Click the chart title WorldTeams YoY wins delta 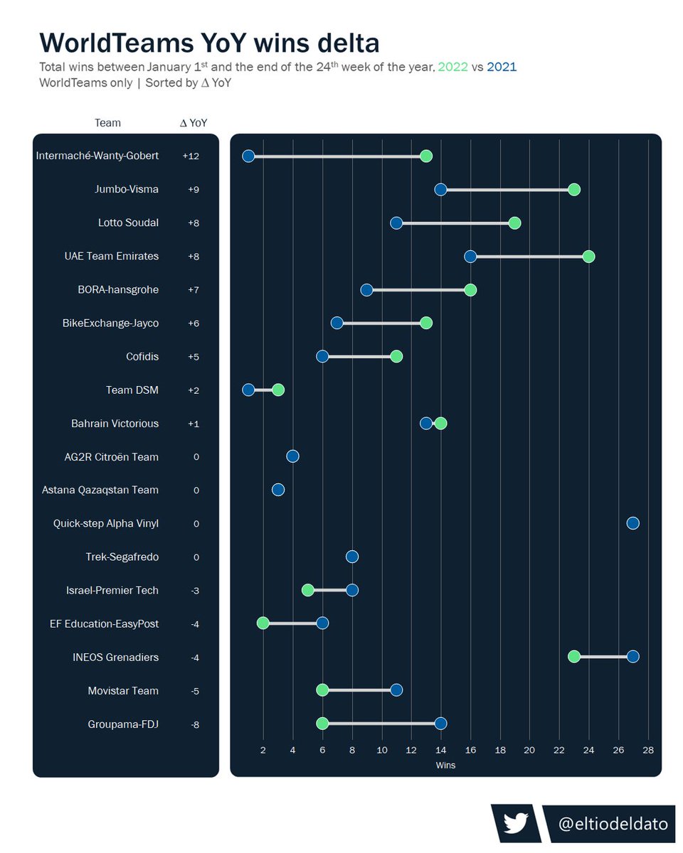click(x=209, y=43)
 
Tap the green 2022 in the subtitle click(x=453, y=68)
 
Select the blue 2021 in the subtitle click(x=502, y=68)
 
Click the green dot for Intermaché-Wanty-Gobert click(x=425, y=156)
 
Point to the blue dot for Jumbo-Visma click(x=440, y=189)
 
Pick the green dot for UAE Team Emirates click(x=588, y=256)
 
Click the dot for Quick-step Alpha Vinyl click(x=632, y=523)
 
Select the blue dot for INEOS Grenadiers click(x=632, y=656)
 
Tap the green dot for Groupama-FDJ click(x=322, y=724)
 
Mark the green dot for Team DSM click(x=278, y=390)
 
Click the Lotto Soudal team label click(x=128, y=223)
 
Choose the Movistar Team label click(x=123, y=691)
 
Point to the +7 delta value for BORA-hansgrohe click(x=193, y=290)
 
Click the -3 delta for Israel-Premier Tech click(x=194, y=591)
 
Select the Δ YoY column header click(x=194, y=123)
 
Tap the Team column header click(x=107, y=123)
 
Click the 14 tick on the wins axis click(x=440, y=750)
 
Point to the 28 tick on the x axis click(x=647, y=750)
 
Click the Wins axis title click(x=445, y=766)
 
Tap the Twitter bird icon click(x=514, y=823)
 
